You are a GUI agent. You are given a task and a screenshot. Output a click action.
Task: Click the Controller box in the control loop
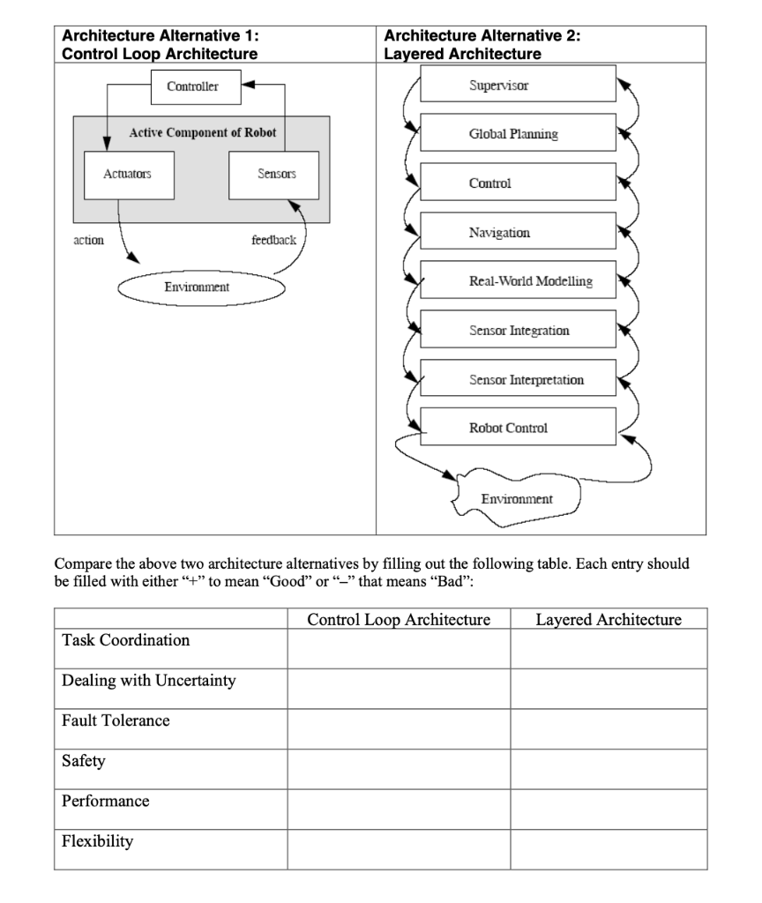click(193, 86)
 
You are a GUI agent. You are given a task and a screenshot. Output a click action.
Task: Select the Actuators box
click(127, 175)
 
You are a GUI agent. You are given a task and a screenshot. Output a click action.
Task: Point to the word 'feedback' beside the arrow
click(273, 240)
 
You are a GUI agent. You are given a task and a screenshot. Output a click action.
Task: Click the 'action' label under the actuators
click(89, 240)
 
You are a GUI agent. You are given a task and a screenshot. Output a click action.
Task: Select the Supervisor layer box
click(518, 85)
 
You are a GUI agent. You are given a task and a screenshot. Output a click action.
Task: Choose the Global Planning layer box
click(518, 134)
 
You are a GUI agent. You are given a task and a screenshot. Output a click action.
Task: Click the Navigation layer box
click(518, 233)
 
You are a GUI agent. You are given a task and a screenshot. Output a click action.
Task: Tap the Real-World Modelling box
click(518, 281)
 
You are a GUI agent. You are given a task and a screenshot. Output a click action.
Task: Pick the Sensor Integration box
click(518, 331)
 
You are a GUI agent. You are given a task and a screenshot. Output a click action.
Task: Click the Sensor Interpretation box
click(518, 379)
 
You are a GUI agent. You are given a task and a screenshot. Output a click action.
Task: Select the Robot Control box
click(518, 428)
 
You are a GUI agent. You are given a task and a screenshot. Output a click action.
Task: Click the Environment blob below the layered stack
click(517, 500)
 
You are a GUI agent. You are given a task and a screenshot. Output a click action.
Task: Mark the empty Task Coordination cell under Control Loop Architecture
click(399, 649)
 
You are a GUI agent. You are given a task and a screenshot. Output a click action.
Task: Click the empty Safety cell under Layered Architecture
click(609, 769)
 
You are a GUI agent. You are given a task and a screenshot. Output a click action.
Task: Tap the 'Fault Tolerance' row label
click(116, 721)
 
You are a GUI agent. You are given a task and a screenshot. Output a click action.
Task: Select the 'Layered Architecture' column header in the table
click(609, 619)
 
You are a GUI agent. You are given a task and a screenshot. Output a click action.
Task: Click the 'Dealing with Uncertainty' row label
click(149, 681)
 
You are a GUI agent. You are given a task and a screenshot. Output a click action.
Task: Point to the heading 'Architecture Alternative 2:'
click(482, 36)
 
